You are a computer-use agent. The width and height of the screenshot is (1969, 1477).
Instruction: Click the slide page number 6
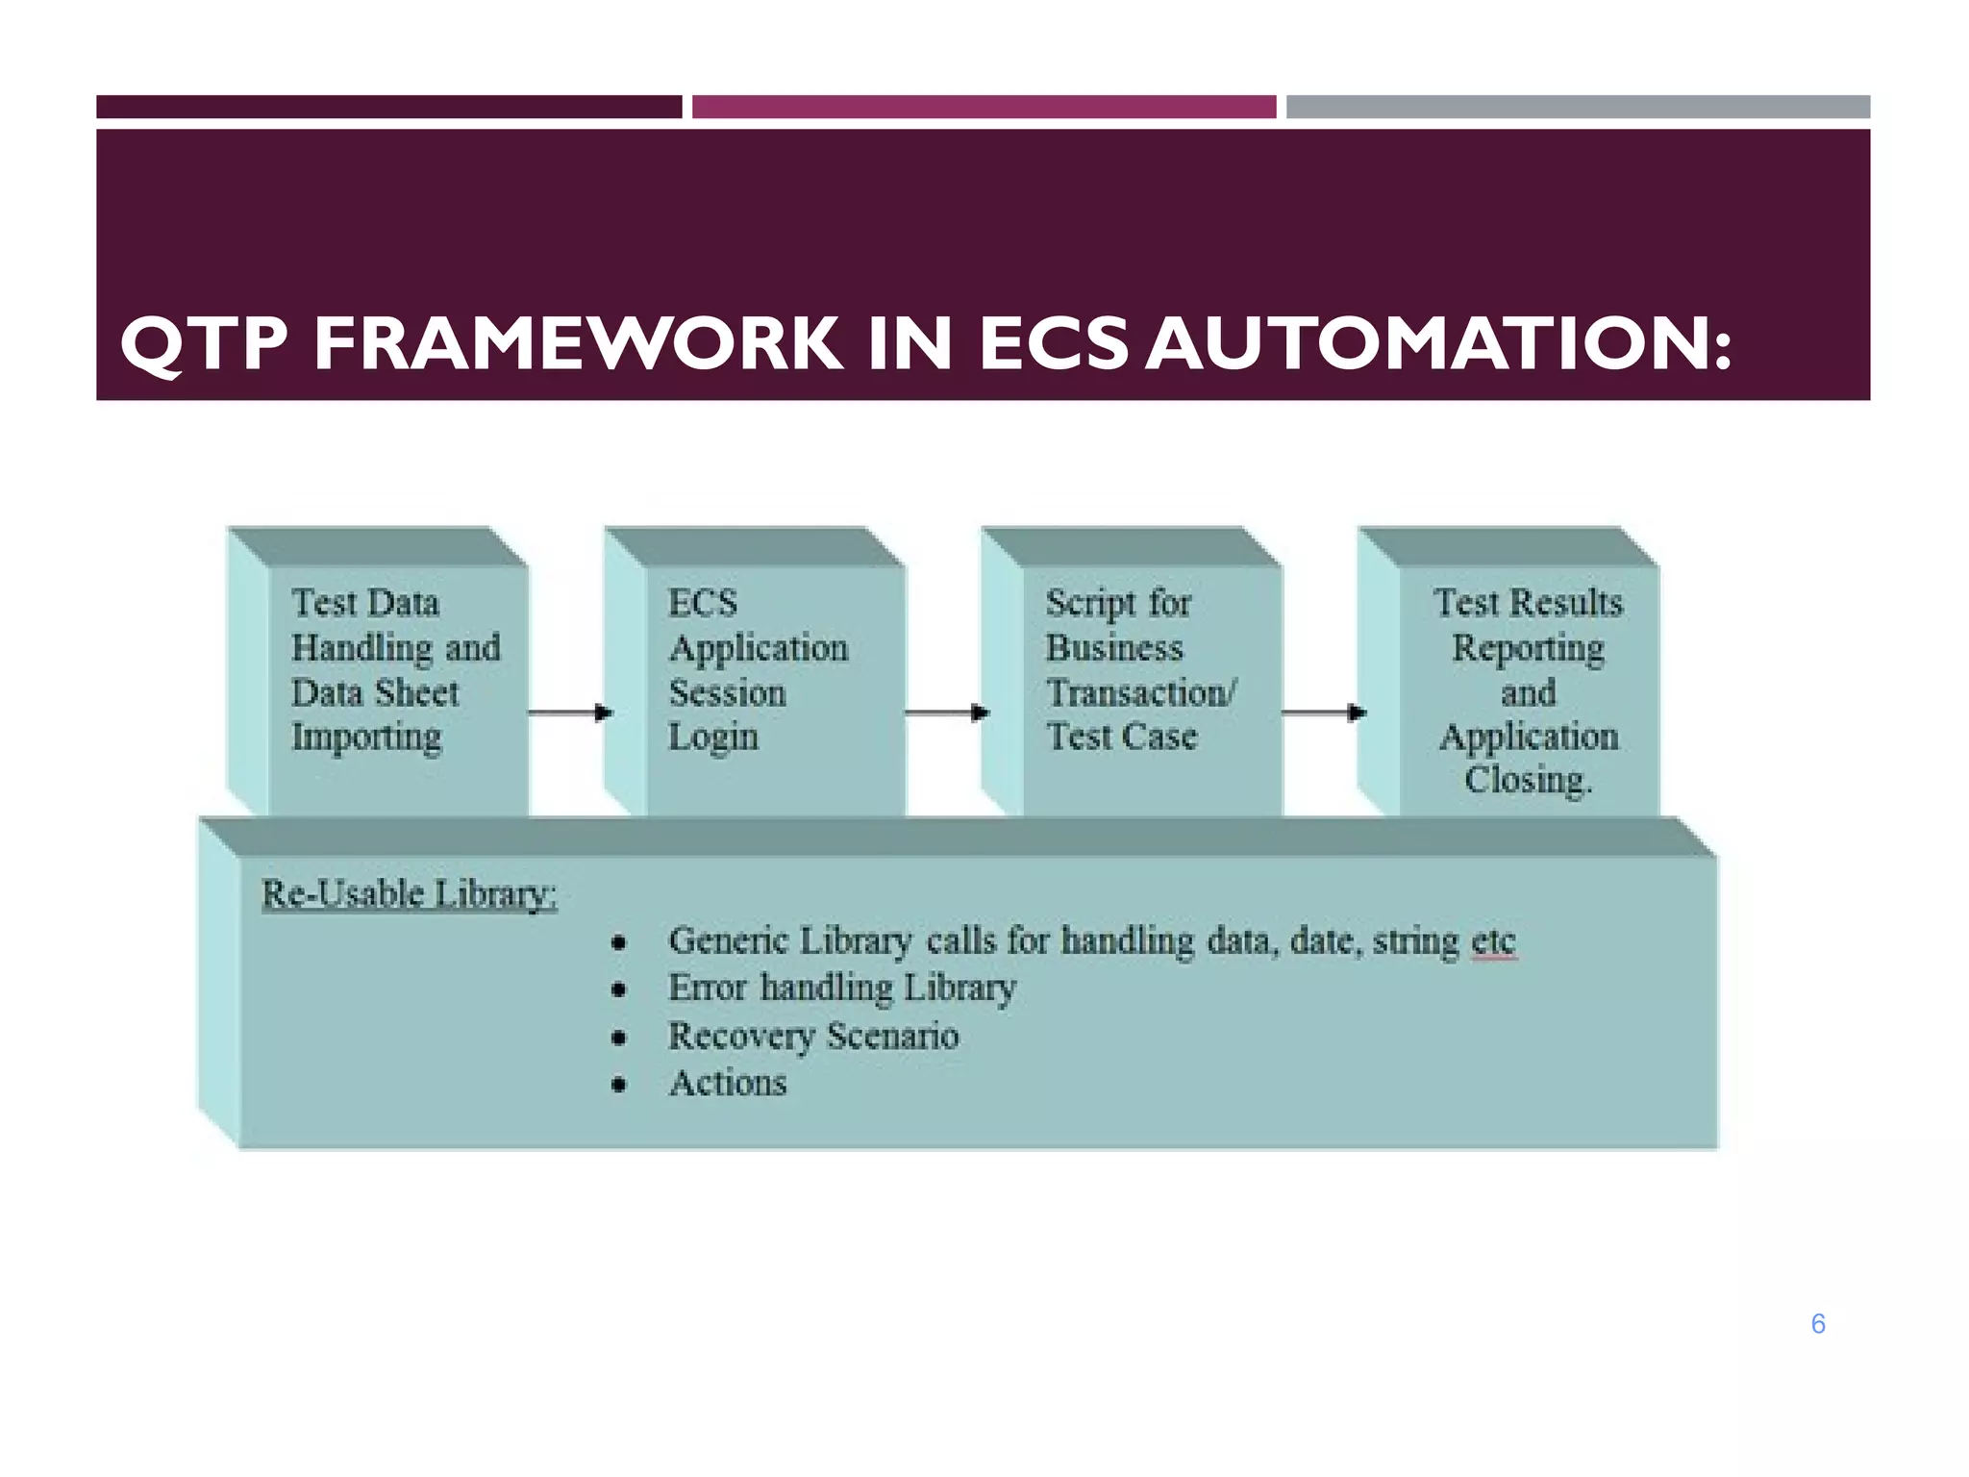[1817, 1324]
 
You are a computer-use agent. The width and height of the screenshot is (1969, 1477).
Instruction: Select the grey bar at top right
[1577, 107]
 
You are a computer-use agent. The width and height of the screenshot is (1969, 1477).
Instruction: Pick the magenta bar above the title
[984, 107]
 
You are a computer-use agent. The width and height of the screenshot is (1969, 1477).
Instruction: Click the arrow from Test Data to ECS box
[570, 713]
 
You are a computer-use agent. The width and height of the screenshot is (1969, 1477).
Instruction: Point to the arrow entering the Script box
[947, 713]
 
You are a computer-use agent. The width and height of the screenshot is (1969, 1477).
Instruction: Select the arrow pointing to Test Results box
[1324, 713]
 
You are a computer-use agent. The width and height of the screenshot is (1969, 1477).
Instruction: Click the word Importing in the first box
[366, 738]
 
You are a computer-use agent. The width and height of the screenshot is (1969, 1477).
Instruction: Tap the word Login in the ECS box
[713, 738]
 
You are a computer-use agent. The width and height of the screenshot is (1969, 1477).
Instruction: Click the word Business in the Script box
[1113, 648]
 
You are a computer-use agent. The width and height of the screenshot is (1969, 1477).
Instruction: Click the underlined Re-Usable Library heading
[409, 894]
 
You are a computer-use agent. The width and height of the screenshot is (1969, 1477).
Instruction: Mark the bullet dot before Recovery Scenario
[619, 1038]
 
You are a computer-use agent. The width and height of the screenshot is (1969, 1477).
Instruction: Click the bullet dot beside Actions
[619, 1086]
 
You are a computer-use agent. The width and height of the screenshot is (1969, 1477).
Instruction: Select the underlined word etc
[1493, 941]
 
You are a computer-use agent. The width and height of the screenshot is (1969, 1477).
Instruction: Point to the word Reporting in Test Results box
[1528, 649]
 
